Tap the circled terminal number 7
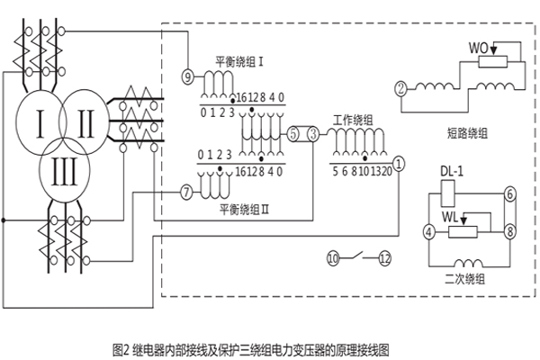click(185, 192)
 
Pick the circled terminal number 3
click(312, 134)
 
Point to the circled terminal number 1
click(400, 163)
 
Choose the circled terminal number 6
click(508, 193)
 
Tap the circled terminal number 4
click(429, 231)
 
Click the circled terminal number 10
click(333, 258)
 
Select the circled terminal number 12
click(385, 258)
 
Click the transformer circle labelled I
click(38, 118)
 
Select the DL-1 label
click(452, 171)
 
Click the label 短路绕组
click(467, 132)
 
